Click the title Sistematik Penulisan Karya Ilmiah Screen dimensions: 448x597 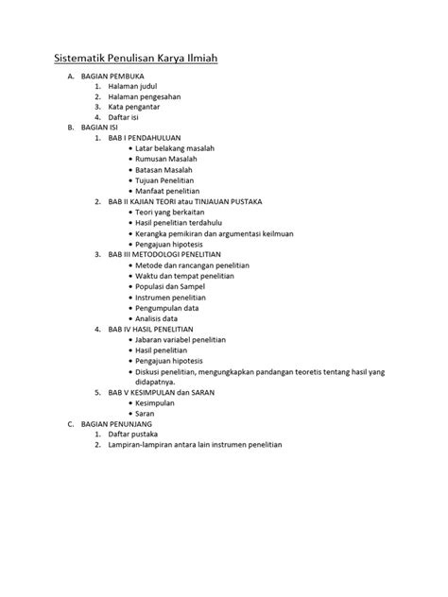pyautogui.click(x=135, y=60)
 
